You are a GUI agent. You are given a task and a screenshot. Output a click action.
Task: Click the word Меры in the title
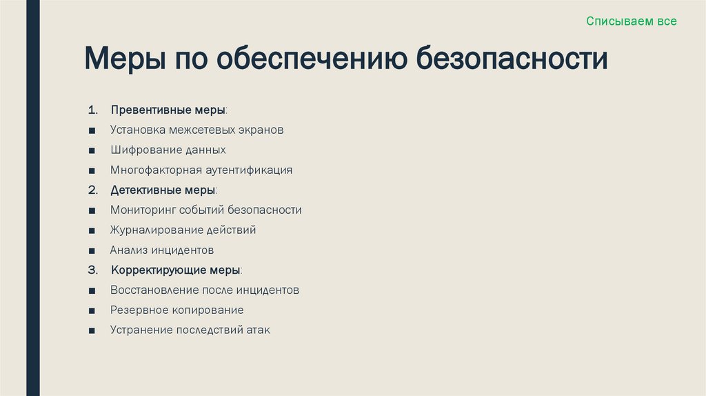[123, 59]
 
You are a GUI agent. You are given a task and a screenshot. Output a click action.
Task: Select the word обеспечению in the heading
[314, 59]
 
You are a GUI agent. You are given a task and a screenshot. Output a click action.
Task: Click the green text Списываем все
[632, 21]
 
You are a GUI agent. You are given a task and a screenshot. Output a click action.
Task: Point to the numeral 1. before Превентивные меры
[94, 110]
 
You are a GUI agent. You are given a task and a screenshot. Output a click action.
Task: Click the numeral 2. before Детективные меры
[94, 190]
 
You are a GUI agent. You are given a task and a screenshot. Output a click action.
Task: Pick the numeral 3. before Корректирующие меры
[94, 270]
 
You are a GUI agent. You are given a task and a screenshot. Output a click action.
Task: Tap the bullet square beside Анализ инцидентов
[92, 250]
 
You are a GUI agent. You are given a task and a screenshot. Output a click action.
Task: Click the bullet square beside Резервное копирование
[92, 310]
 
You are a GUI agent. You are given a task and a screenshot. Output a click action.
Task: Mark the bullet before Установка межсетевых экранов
[92, 130]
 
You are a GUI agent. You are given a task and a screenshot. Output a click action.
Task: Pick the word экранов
[261, 130]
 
